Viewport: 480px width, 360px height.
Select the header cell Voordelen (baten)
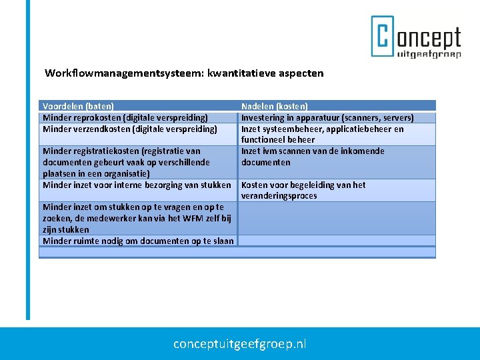click(78, 106)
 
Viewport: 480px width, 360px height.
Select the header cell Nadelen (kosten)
click(275, 106)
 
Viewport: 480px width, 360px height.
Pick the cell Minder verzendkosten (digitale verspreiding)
click(130, 129)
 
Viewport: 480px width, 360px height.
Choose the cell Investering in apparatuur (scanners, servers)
click(327, 118)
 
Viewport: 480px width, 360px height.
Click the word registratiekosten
click(104, 151)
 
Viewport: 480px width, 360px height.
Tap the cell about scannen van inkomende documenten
click(313, 156)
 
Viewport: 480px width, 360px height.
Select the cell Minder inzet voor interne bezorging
click(137, 185)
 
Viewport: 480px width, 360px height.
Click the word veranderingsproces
click(279, 196)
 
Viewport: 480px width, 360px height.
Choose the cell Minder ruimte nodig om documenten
click(138, 241)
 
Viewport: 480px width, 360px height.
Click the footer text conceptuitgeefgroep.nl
click(239, 344)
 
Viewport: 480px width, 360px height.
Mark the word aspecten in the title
click(303, 73)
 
